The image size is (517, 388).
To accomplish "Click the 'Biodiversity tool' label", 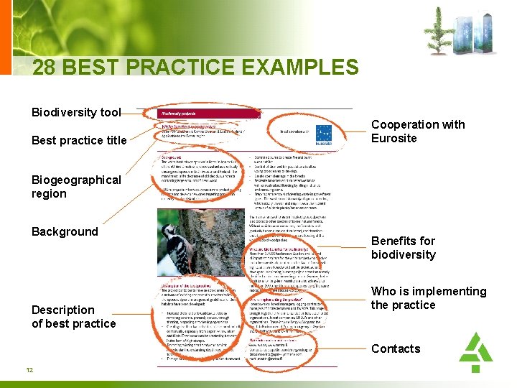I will (75, 112).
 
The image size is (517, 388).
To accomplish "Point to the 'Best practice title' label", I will (79, 140).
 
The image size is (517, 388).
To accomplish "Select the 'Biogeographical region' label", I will (76, 187).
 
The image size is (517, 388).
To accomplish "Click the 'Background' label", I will (65, 231).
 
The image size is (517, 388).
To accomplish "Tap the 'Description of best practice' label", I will (73, 317).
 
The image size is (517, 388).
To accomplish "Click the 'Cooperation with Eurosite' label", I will (417, 131).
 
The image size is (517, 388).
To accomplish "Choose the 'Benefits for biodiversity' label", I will (403, 248).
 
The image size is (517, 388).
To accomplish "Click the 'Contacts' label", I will (396, 348).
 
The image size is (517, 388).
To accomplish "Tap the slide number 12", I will (29, 370).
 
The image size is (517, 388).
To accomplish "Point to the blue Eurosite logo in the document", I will (324, 135).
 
